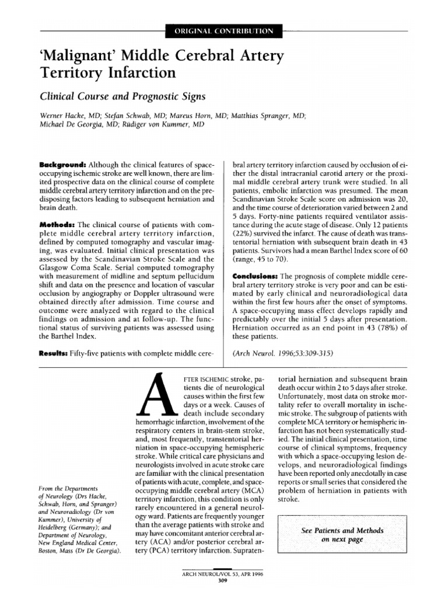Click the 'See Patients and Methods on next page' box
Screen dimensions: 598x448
[342, 535]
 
